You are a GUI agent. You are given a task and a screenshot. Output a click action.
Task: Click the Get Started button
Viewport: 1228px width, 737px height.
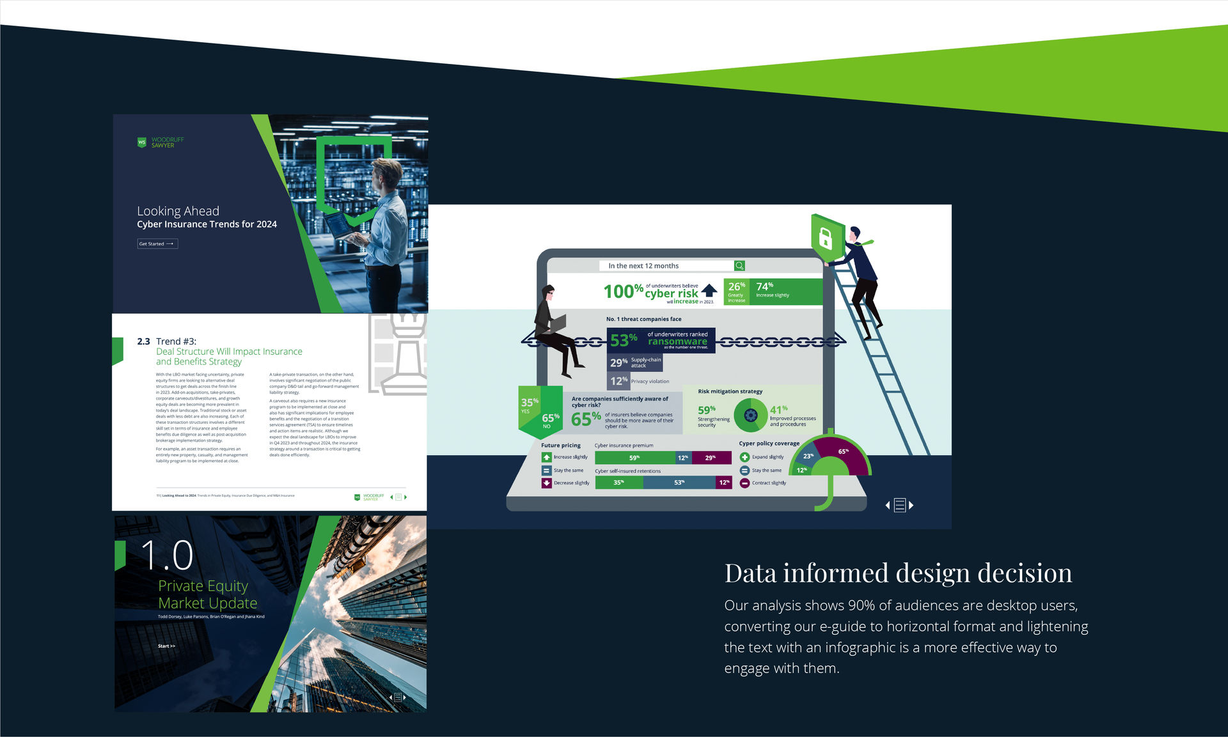[157, 244]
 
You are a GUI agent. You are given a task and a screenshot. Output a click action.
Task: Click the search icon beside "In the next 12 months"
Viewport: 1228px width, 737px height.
[739, 266]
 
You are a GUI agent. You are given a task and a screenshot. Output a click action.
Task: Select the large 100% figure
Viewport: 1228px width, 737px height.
[623, 291]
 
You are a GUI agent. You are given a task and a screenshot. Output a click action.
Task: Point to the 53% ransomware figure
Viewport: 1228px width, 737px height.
[623, 340]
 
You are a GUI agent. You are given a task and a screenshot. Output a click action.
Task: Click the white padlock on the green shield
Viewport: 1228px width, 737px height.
[825, 238]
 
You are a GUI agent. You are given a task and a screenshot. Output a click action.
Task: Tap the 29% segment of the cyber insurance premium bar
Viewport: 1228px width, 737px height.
[711, 458]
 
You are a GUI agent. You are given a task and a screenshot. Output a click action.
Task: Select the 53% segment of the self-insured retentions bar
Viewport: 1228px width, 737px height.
[679, 483]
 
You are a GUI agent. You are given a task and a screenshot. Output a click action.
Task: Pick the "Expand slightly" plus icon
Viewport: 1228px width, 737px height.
[744, 457]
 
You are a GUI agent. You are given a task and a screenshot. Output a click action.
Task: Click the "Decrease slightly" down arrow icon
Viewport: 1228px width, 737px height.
[546, 483]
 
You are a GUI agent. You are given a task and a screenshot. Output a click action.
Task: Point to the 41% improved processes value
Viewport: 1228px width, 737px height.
[778, 410]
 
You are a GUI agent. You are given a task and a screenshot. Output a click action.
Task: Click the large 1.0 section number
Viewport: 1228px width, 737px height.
[166, 555]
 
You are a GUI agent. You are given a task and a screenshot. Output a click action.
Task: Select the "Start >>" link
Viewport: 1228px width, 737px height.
[166, 646]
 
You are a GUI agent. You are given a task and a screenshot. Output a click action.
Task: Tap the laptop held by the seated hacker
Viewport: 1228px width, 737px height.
[557, 324]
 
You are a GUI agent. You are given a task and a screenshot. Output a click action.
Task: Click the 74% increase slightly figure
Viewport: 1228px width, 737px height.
[764, 286]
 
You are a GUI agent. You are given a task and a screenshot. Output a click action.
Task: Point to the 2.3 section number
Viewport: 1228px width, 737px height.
[143, 341]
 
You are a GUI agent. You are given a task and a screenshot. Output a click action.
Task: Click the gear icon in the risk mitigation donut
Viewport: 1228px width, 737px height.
[751, 415]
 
